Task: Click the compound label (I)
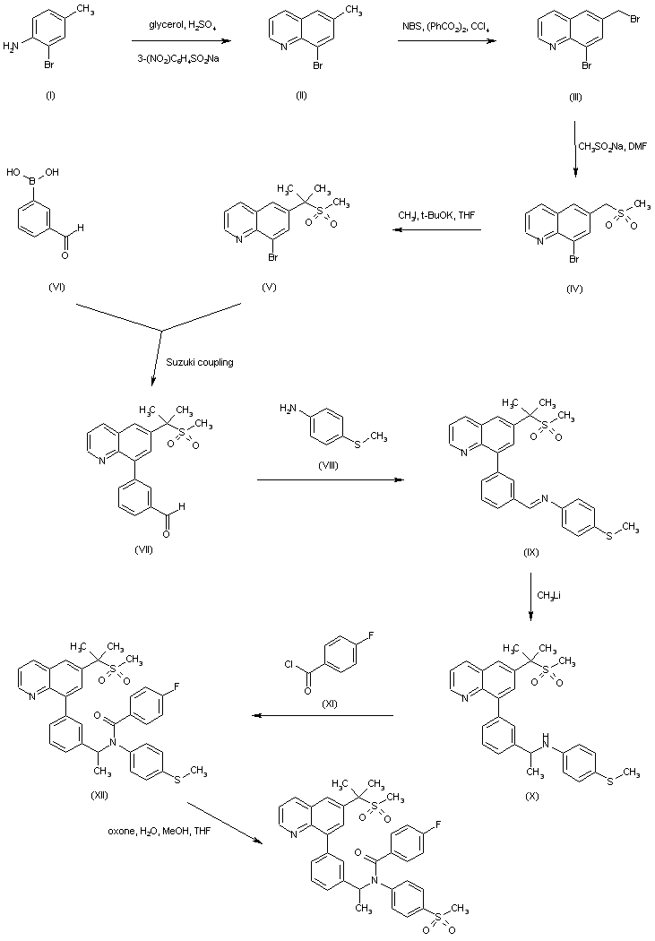pos(50,96)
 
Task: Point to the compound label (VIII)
pos(333,465)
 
